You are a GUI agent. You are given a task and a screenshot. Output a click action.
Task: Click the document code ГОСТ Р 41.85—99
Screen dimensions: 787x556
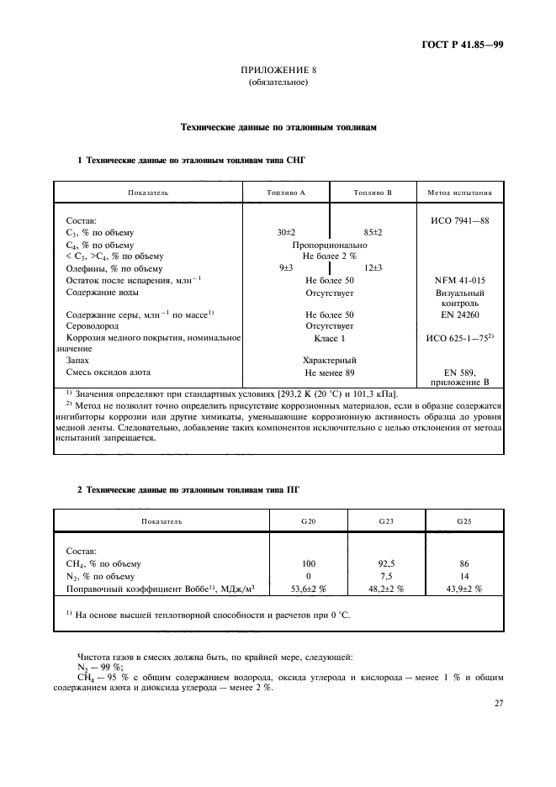click(463, 45)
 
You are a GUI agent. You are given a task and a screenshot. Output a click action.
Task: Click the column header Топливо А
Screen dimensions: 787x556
click(285, 193)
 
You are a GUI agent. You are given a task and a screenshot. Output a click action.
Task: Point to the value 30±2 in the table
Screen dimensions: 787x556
click(287, 231)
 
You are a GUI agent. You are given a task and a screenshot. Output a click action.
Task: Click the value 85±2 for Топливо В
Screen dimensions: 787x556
click(373, 231)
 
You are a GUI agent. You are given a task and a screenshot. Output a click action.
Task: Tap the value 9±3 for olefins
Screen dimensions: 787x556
click(286, 267)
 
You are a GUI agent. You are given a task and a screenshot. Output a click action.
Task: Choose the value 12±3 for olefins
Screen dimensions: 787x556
click(373, 267)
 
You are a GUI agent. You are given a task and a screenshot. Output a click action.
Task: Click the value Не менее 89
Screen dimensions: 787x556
click(330, 371)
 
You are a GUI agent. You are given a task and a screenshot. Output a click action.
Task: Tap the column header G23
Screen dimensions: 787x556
click(386, 521)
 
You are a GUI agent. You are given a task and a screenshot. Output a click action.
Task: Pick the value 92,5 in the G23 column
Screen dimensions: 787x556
click(386, 563)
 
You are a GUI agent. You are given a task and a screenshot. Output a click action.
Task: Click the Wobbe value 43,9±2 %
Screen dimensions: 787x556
click(464, 589)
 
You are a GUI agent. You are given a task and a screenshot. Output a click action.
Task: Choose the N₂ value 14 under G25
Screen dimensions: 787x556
click(464, 576)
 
